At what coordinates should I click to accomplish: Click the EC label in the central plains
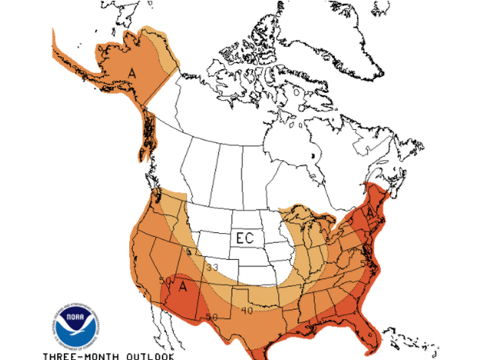tap(244, 238)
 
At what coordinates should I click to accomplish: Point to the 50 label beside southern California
tap(165, 281)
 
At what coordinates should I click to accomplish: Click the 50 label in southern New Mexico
tap(212, 316)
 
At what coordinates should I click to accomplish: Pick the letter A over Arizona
tap(182, 287)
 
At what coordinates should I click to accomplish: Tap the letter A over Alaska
tap(132, 73)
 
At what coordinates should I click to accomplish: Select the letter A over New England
tap(370, 213)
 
